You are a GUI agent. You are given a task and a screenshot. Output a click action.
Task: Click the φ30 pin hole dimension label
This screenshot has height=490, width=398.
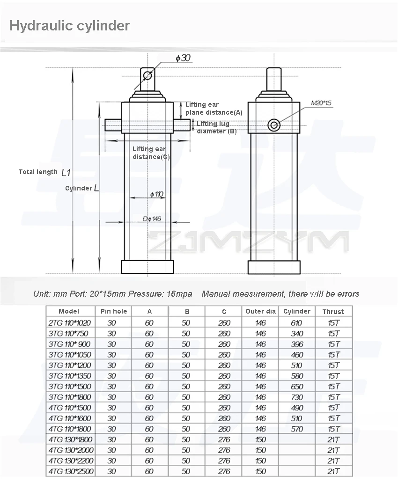183,58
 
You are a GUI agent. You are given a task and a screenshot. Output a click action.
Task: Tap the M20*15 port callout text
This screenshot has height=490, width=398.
321,103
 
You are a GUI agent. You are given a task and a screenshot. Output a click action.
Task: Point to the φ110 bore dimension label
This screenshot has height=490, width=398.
157,194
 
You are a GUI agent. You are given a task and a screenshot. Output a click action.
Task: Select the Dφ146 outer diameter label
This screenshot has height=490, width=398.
152,219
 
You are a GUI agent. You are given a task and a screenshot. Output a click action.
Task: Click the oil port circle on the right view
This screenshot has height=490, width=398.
274,125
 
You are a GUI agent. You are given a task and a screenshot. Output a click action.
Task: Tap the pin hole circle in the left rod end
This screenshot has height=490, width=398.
147,75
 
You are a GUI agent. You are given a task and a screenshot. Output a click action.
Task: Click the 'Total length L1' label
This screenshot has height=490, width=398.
44,172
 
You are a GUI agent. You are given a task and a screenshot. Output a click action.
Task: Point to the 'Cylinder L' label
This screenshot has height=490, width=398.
82,188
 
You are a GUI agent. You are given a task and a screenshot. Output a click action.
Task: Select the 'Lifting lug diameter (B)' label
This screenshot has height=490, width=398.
216,127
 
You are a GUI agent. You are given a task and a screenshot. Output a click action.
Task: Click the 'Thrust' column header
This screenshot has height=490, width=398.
333,312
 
